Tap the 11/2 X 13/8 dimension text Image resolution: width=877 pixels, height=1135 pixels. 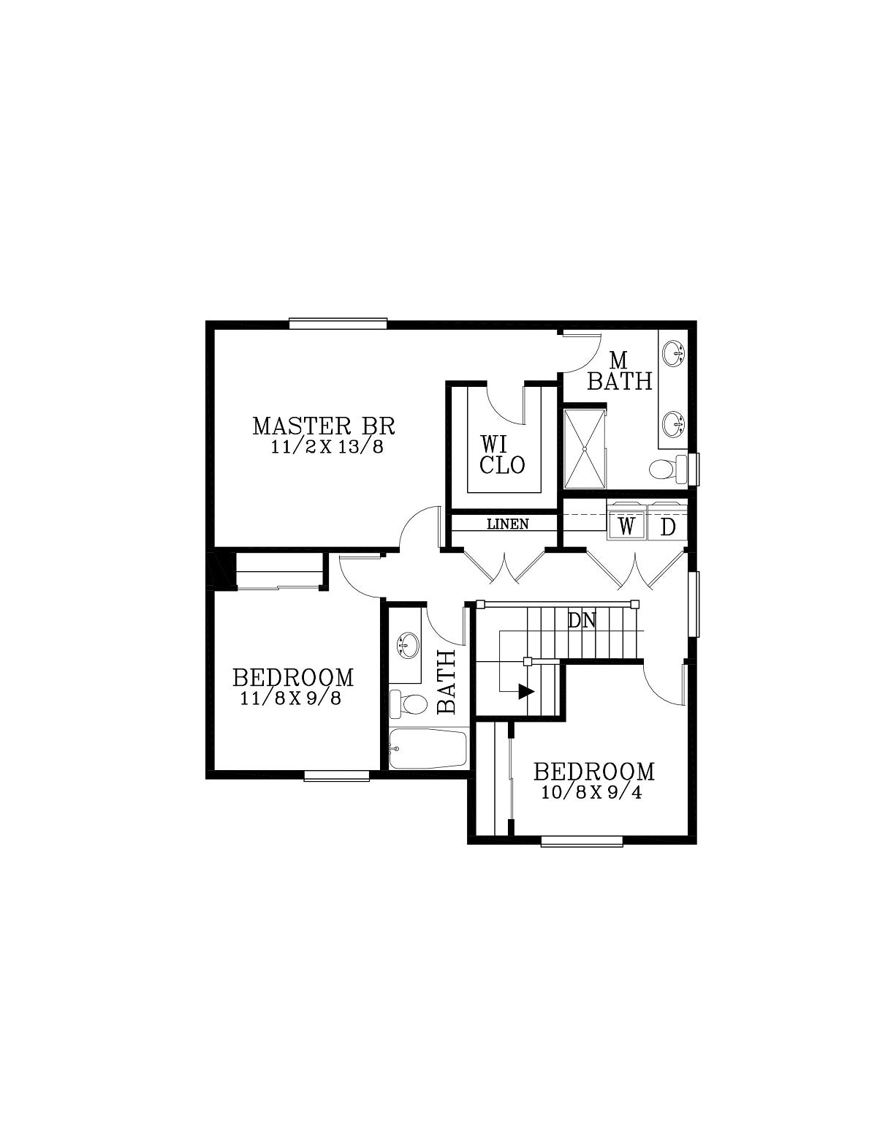coord(327,447)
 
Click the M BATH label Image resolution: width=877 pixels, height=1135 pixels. coord(620,372)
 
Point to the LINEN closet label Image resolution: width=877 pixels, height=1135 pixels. coord(508,524)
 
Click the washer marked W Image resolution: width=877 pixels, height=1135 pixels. coord(626,527)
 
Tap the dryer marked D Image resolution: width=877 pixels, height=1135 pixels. coord(667,527)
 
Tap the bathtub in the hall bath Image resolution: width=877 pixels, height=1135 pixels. coord(426,749)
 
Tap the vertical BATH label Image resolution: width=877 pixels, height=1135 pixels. coord(446,682)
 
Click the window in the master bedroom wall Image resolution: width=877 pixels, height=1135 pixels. coord(338,324)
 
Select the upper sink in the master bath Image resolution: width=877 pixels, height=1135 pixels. coord(673,354)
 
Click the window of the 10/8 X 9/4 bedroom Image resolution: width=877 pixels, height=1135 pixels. coord(582,841)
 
